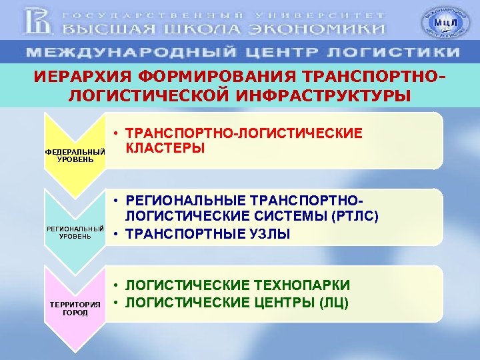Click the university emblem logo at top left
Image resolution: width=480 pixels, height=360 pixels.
click(x=38, y=21)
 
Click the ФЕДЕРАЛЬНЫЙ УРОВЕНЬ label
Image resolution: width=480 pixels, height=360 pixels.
click(x=75, y=155)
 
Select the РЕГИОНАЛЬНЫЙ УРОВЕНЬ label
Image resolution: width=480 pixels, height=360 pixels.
click(x=75, y=232)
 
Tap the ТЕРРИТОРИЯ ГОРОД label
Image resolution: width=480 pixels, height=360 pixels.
click(x=75, y=308)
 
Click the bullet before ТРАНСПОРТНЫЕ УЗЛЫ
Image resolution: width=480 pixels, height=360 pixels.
click(x=116, y=234)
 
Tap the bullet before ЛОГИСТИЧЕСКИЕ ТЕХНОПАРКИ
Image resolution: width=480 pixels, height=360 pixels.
click(x=116, y=285)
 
